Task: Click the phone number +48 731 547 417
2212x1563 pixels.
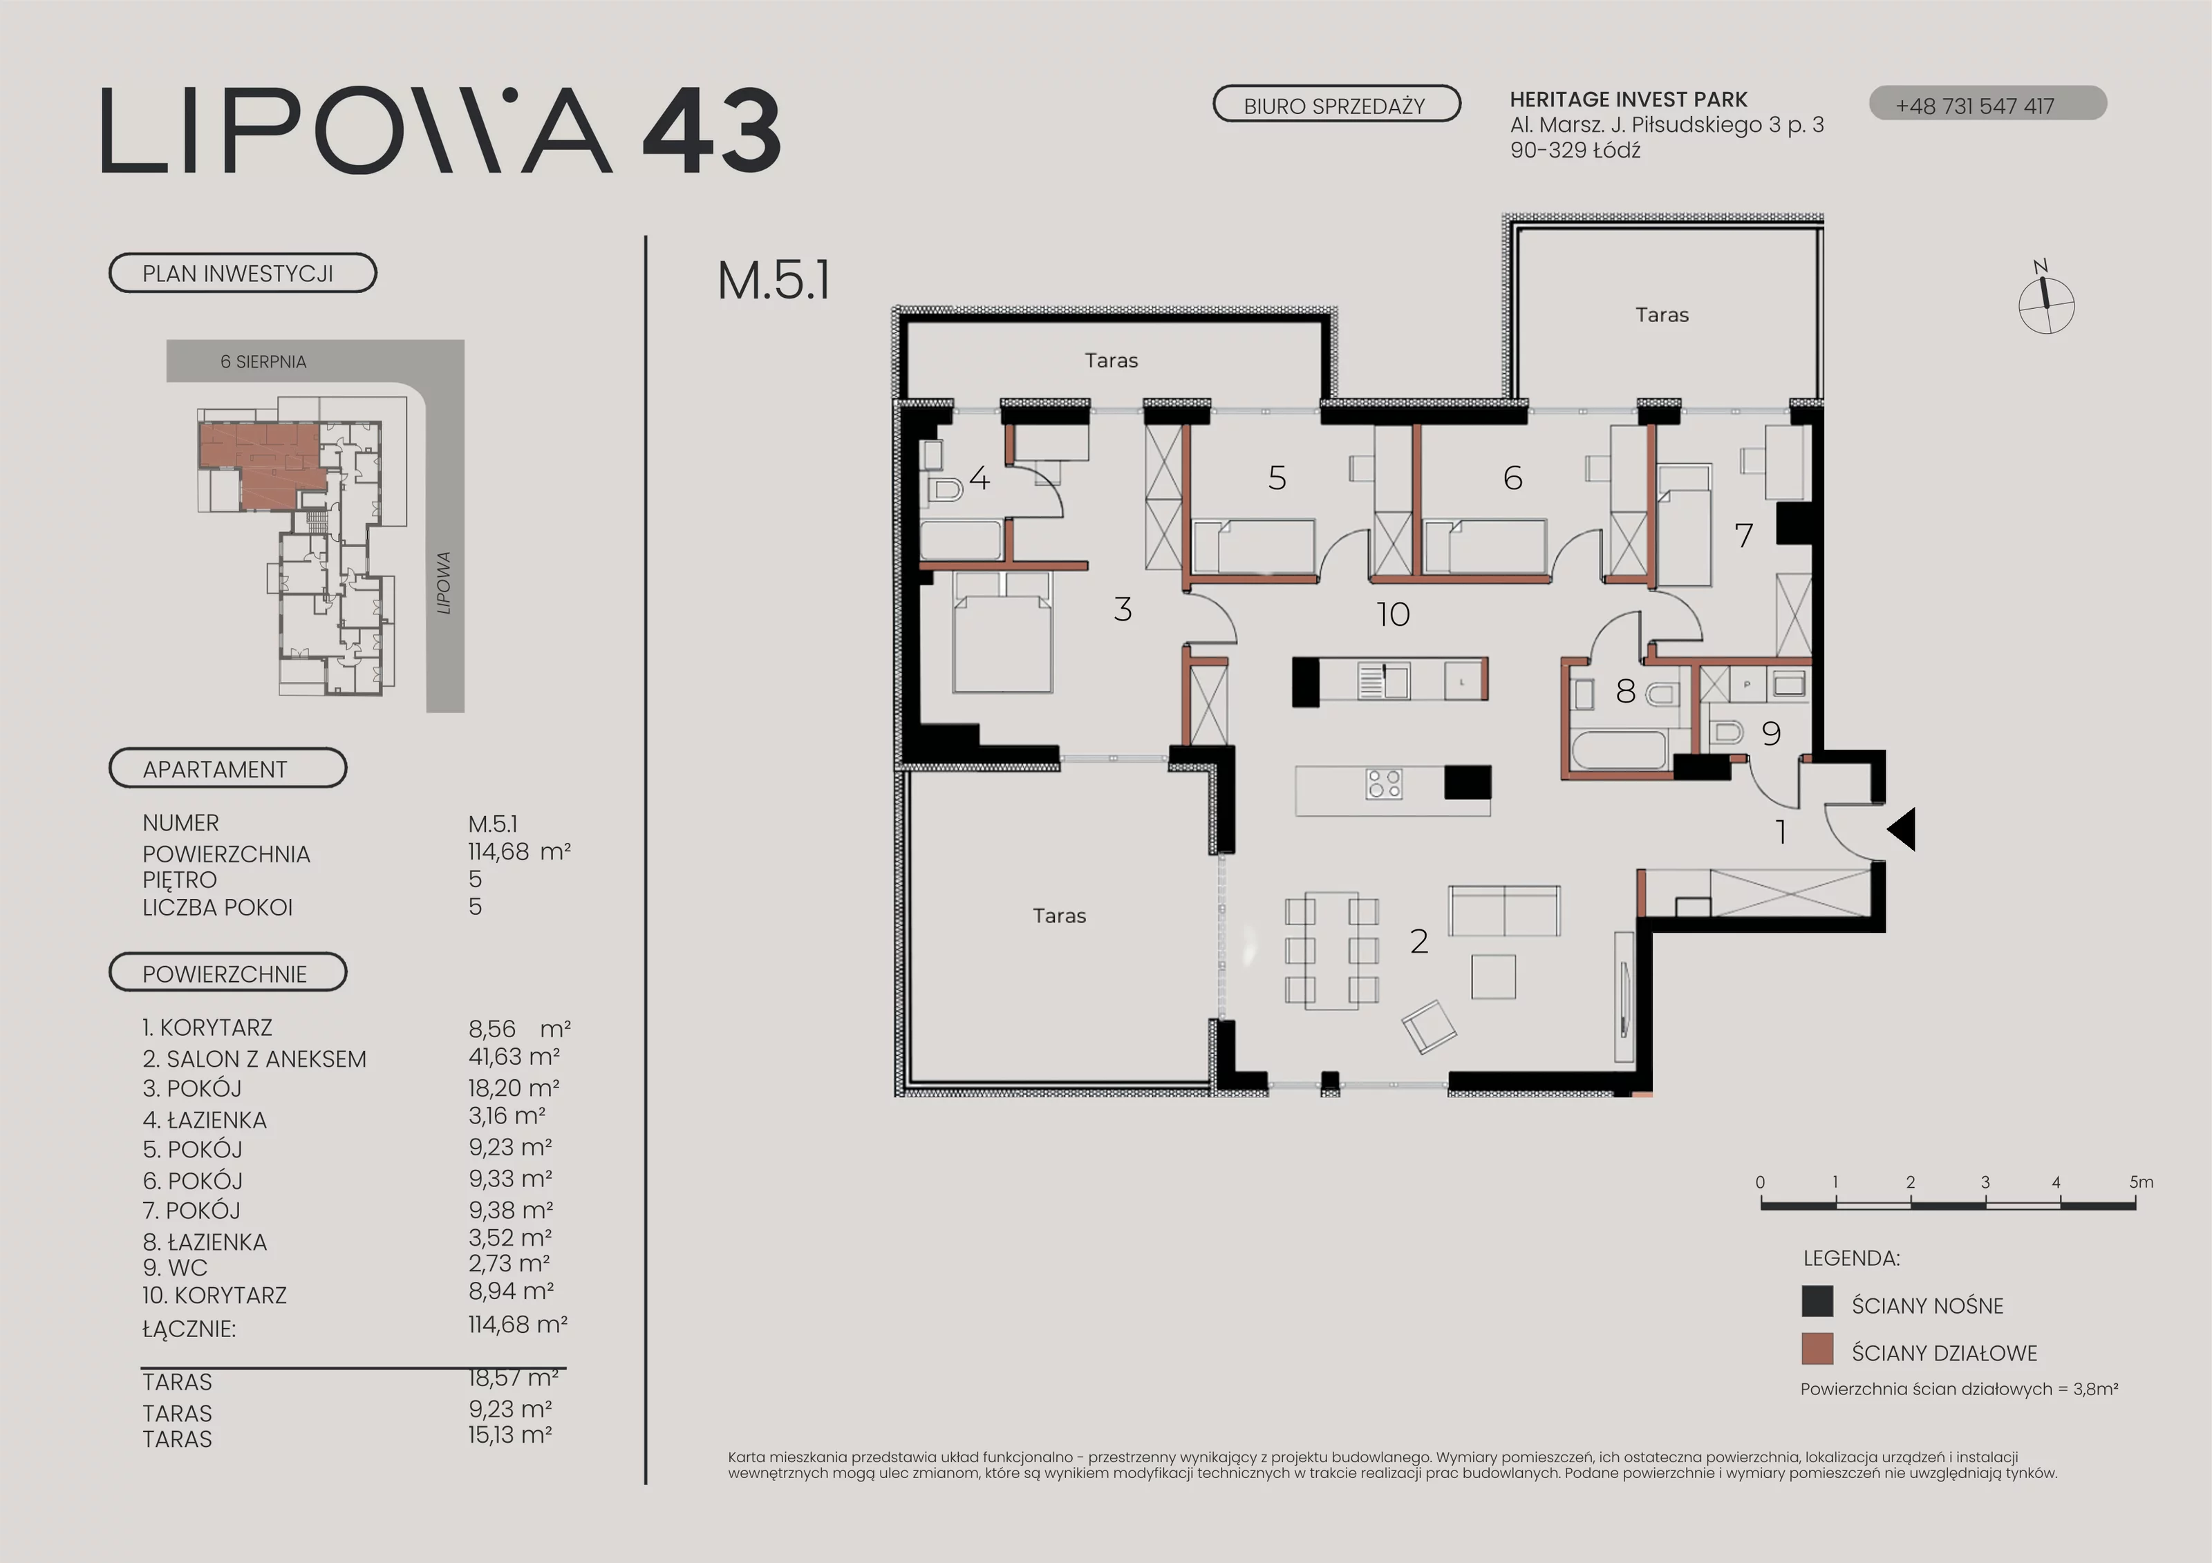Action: [x=1975, y=106]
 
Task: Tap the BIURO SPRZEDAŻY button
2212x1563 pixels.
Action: [x=1336, y=104]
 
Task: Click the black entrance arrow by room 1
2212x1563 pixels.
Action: [x=1901, y=829]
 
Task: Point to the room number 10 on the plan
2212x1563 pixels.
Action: [x=1393, y=614]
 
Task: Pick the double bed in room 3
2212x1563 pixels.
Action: [x=1002, y=632]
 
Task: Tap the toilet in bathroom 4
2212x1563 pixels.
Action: [x=944, y=490]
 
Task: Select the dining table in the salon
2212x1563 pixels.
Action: [x=1331, y=951]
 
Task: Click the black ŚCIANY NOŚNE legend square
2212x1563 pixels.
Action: [x=1817, y=1301]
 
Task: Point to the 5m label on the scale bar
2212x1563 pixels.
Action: [x=2141, y=1182]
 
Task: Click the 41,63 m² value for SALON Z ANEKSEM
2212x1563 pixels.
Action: [x=514, y=1057]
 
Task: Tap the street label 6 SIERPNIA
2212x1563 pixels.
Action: [x=263, y=362]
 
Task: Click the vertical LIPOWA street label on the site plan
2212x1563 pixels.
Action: [x=443, y=582]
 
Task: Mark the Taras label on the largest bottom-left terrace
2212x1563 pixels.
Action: [x=1059, y=916]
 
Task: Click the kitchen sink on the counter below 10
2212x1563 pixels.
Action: [x=1383, y=681]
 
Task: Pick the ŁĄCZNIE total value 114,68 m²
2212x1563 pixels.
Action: [x=517, y=1325]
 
